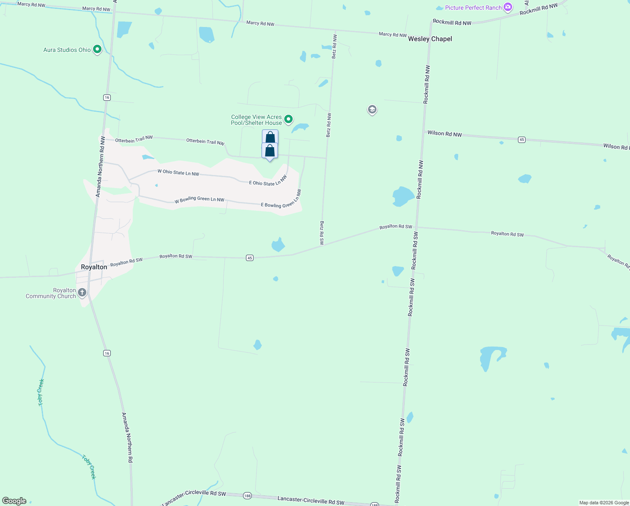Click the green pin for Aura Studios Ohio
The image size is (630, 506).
coord(97,49)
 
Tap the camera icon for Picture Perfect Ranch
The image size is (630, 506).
coord(508,7)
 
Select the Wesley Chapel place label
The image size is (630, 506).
coord(430,39)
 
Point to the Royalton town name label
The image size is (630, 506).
coord(94,267)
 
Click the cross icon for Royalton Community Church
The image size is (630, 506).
coord(82,292)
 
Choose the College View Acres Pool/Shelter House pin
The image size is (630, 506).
coord(288,119)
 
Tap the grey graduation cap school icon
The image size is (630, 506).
coord(372,110)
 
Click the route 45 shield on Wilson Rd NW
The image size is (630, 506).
coord(522,140)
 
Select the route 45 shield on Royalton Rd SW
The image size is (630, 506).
coord(250,258)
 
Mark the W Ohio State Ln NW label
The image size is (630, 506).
coord(178,172)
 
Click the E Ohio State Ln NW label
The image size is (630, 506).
coord(268,181)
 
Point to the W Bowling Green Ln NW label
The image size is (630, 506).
coord(199,199)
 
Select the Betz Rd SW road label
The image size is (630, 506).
coord(322,233)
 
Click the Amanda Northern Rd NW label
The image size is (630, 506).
coord(100,167)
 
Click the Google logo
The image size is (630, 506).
coord(14,501)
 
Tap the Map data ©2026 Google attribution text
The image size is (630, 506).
coord(604,503)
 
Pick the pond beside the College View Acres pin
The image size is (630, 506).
coord(301,127)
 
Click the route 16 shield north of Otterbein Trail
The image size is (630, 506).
coord(107,97)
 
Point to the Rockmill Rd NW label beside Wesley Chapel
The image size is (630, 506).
coord(452,23)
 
